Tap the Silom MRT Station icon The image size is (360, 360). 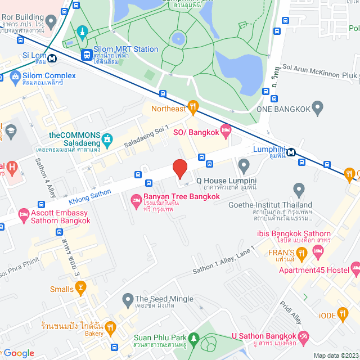click(87, 55)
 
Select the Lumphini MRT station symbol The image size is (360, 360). click(291, 152)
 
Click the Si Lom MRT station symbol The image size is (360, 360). click(52, 57)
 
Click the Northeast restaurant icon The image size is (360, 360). click(193, 105)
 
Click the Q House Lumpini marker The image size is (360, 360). click(244, 165)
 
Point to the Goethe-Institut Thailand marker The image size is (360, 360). click(299, 190)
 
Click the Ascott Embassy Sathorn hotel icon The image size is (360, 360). click(23, 214)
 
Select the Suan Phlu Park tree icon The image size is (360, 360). click(194, 339)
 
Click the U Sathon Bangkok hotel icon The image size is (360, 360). click(304, 336)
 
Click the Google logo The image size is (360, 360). click(18, 353)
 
